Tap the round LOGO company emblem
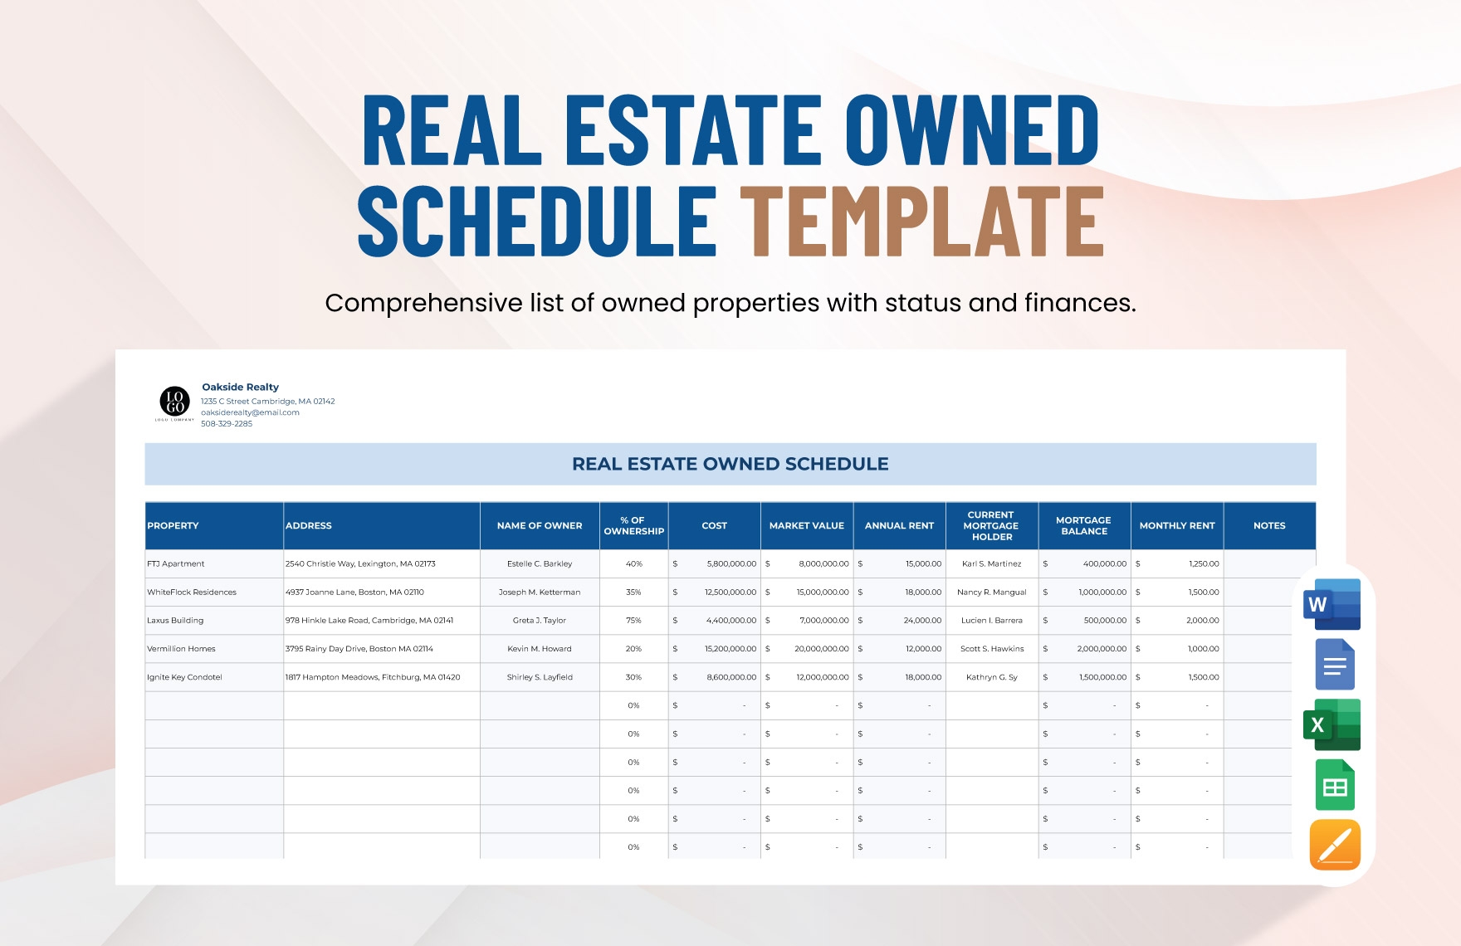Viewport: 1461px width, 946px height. [x=175, y=402]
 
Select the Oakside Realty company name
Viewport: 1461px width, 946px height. [x=241, y=387]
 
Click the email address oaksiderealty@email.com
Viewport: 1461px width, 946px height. [x=250, y=412]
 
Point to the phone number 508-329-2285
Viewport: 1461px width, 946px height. [x=227, y=423]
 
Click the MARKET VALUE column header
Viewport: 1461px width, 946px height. [x=807, y=526]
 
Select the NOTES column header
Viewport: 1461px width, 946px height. [x=1269, y=526]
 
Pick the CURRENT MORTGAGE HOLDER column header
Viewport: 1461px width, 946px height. [x=991, y=526]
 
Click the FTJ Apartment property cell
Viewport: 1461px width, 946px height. [x=176, y=564]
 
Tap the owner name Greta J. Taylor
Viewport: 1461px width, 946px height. [x=540, y=621]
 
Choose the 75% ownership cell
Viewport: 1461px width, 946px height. [x=633, y=621]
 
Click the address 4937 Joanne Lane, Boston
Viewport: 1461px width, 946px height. [x=354, y=592]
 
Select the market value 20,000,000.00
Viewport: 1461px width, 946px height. [x=822, y=649]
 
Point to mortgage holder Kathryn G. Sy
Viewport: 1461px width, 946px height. [x=992, y=677]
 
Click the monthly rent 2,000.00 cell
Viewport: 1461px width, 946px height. [x=1203, y=621]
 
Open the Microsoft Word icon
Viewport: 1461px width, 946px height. [x=1332, y=604]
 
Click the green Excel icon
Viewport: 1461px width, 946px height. [x=1332, y=724]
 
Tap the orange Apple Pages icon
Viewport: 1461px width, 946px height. [x=1335, y=845]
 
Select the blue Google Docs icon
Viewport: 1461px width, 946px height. [x=1335, y=665]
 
